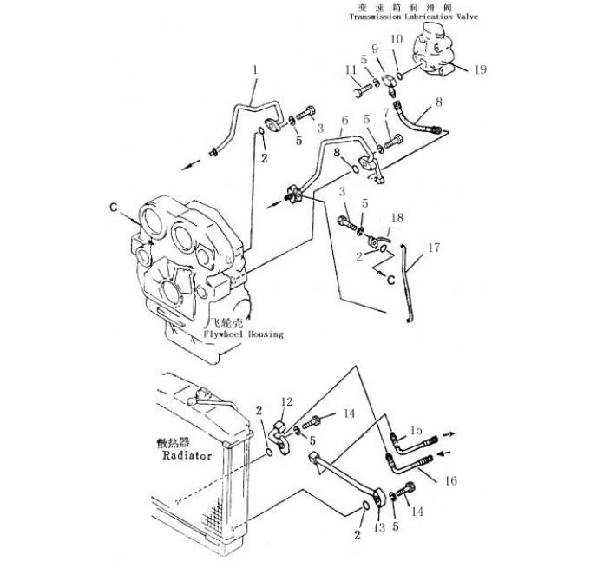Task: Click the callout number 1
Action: pyautogui.click(x=256, y=69)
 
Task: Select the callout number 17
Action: pyautogui.click(x=434, y=248)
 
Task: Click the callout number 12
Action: pyautogui.click(x=285, y=401)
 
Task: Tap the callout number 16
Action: pyautogui.click(x=450, y=479)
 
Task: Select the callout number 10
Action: pyautogui.click(x=397, y=39)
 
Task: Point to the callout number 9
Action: pyautogui.click(x=376, y=46)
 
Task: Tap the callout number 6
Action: pyautogui.click(x=344, y=120)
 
